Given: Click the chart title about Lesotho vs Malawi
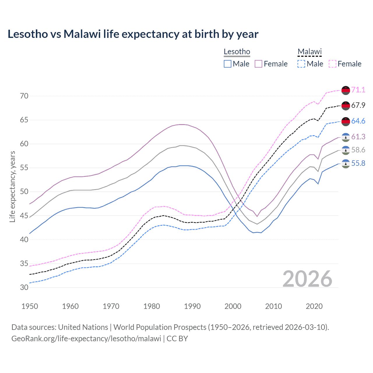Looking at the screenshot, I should [x=133, y=34].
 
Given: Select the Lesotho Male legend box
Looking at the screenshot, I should [x=228, y=64].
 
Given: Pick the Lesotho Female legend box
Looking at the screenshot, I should [x=258, y=64].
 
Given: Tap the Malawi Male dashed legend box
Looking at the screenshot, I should [x=301, y=64].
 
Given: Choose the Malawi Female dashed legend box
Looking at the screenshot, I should [x=332, y=64].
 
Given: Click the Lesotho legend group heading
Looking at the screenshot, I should [x=237, y=52].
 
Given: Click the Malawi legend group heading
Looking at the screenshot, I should [x=309, y=52].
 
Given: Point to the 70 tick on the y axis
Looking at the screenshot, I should [x=24, y=96].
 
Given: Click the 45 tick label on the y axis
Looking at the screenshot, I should [x=24, y=216].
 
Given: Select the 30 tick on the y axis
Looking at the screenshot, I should [x=24, y=287].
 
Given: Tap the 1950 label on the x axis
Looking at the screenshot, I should [x=30, y=306].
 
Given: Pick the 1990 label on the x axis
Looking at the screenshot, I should [x=192, y=306].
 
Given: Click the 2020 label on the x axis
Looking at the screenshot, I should [x=314, y=306].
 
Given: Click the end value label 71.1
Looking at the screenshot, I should [x=358, y=90].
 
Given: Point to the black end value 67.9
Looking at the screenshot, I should [x=358, y=105].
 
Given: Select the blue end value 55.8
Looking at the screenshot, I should [x=358, y=163].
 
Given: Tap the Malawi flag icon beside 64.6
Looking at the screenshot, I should [x=346, y=121].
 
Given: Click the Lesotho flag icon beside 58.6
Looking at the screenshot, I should [x=346, y=150].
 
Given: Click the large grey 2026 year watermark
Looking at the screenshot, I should [x=307, y=279].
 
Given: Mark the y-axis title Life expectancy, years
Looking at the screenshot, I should [x=12, y=186].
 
